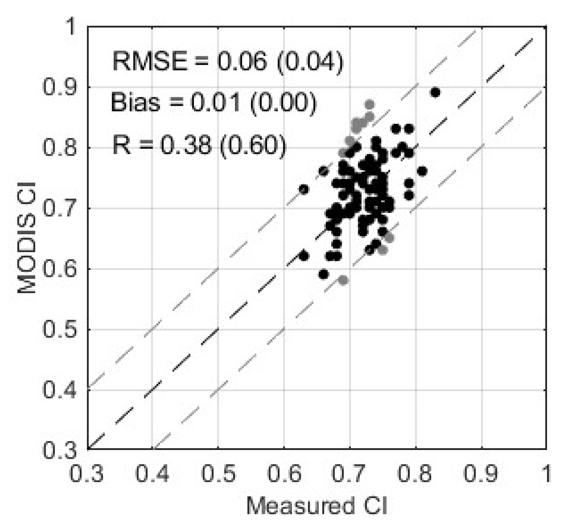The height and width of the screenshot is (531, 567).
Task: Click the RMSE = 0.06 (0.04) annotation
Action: (x=228, y=62)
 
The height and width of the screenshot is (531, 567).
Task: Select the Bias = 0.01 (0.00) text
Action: (x=214, y=102)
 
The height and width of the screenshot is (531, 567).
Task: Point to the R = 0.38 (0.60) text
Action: (x=199, y=145)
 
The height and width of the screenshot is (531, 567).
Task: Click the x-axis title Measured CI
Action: (x=317, y=506)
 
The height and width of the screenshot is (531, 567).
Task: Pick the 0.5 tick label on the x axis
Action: (x=218, y=473)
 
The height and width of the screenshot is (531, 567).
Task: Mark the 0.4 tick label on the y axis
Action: (x=59, y=390)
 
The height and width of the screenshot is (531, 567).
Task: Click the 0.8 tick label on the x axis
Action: (x=416, y=473)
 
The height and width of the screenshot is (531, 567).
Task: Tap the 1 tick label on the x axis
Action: (x=546, y=473)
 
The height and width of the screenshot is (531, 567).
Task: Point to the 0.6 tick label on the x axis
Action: (x=284, y=473)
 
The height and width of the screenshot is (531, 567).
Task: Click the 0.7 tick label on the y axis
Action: (x=59, y=208)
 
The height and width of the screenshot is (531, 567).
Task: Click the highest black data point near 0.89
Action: (x=436, y=92)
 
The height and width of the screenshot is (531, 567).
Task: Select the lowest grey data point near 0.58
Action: (x=343, y=280)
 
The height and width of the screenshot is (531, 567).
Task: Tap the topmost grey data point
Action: (x=369, y=105)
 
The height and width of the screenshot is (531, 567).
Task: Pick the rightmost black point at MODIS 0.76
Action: (x=422, y=171)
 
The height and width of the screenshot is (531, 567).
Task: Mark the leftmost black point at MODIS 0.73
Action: (x=304, y=189)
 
